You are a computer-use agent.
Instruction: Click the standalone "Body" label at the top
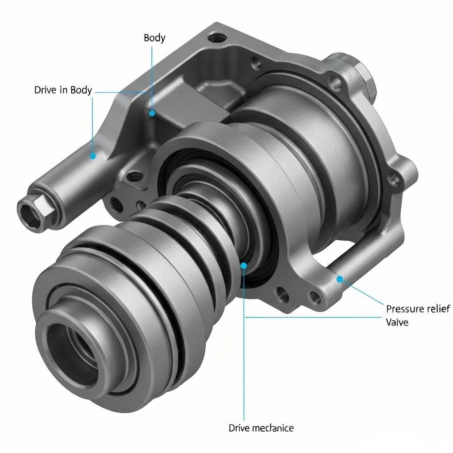pos(154,38)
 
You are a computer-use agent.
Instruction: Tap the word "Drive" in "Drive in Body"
pos(46,90)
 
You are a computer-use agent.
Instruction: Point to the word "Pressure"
pos(404,309)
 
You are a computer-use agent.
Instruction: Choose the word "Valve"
pos(397,322)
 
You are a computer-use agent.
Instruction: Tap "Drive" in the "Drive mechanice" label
pos(239,428)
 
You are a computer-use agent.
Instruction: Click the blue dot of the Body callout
pos(152,113)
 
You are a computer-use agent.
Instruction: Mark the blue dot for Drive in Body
pos(92,156)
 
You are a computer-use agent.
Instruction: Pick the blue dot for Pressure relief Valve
pos(339,279)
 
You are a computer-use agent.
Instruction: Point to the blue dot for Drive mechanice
pos(243,265)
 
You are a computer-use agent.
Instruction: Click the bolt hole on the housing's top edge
pos(215,36)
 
